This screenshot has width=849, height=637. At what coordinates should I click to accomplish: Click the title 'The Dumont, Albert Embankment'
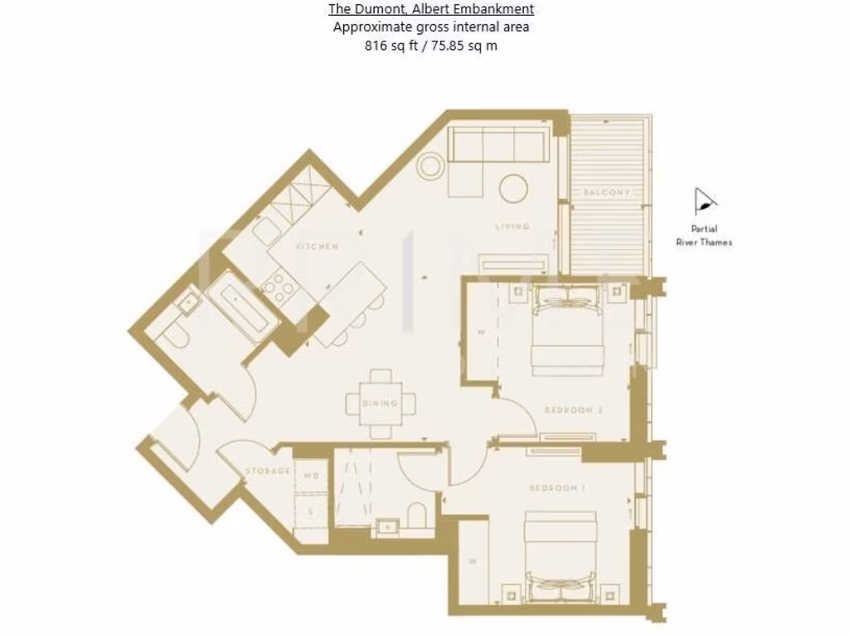point(431,9)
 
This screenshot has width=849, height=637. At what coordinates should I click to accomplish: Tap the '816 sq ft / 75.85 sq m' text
point(431,46)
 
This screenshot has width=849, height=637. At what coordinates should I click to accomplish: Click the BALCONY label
point(606,192)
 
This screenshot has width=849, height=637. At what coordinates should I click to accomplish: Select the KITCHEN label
point(318,246)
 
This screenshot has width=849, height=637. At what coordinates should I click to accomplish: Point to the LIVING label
point(512,226)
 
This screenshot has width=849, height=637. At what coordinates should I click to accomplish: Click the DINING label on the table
point(381,404)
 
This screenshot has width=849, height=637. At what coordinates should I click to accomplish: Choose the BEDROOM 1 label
point(557,489)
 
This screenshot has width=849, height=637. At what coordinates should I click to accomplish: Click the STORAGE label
point(268,471)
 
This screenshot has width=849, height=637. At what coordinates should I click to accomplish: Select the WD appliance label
point(311,476)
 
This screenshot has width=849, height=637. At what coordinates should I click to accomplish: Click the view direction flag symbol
point(704,202)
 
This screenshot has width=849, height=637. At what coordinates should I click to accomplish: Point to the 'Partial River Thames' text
point(704,236)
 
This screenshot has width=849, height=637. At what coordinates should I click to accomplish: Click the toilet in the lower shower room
point(418,513)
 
